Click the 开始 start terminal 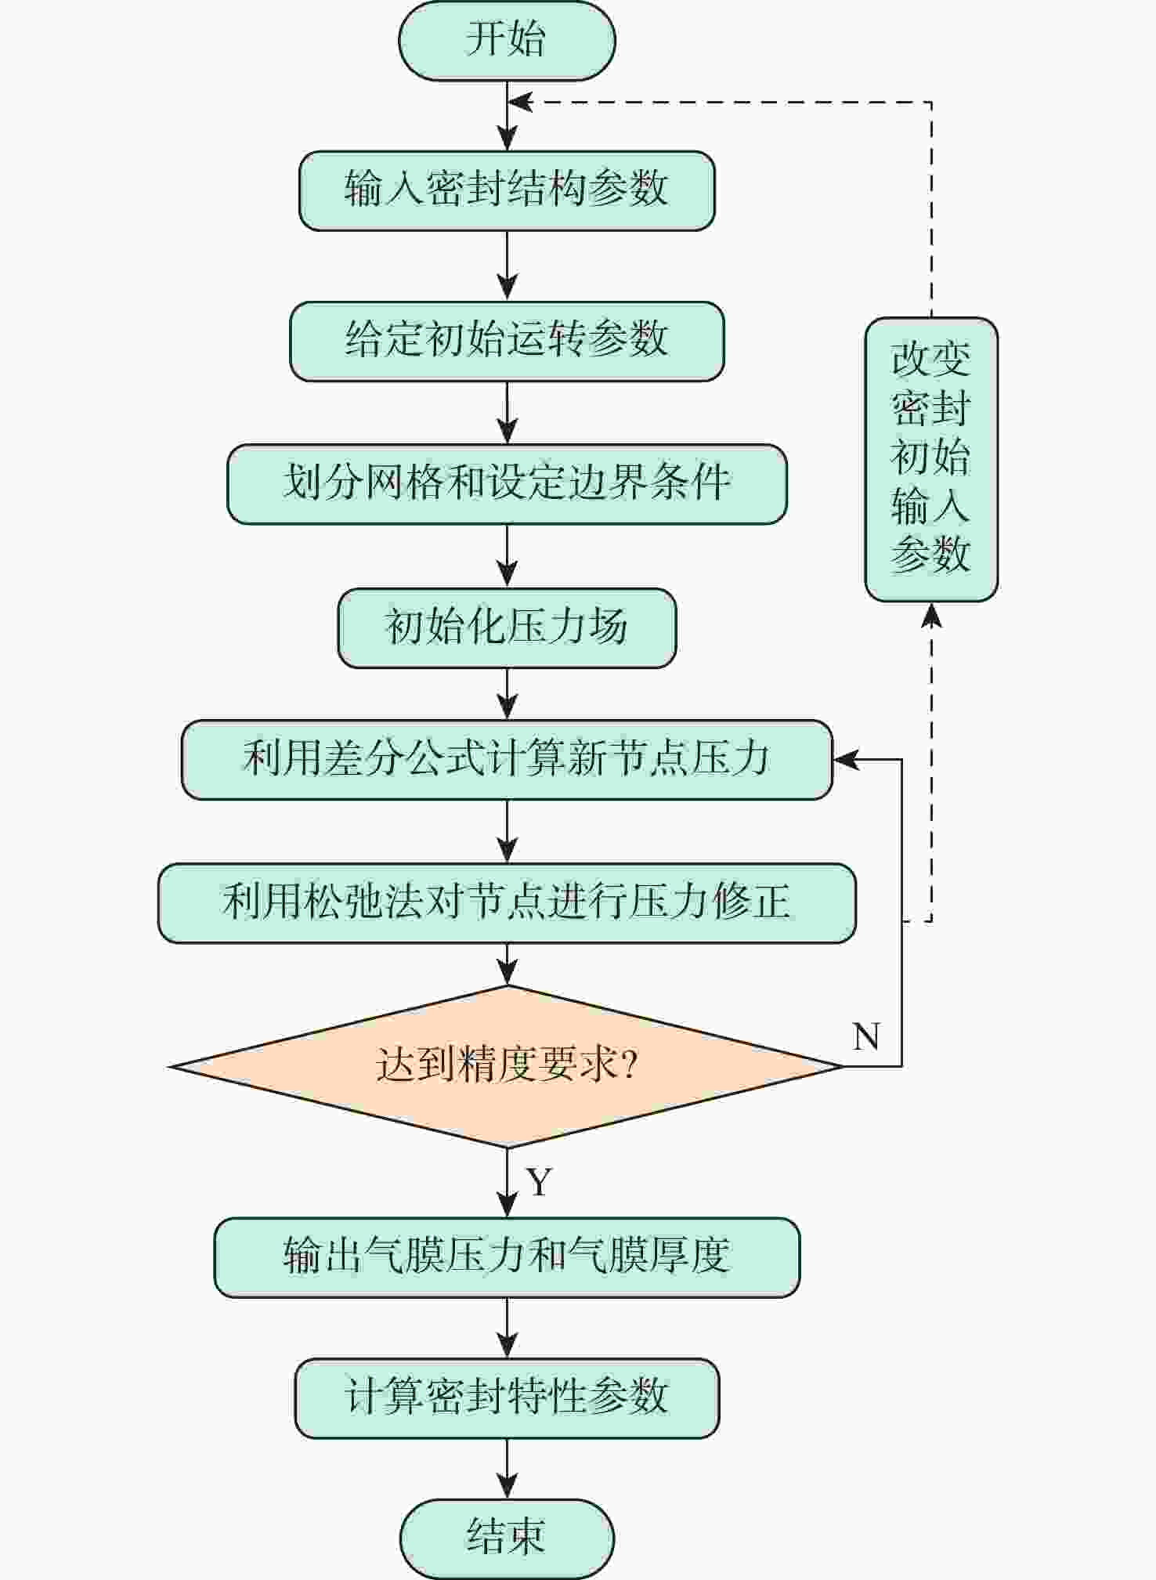point(507,41)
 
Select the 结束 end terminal point(507,1538)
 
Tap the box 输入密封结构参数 point(507,190)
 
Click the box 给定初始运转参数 point(507,341)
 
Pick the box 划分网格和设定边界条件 point(507,483)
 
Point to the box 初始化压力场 point(507,627)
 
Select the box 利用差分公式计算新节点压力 point(507,759)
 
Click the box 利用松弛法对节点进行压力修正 point(507,902)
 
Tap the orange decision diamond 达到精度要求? point(507,1065)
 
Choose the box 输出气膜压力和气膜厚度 point(507,1257)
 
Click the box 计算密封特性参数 point(507,1398)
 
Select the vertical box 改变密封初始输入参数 point(931,459)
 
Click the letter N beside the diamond point(866,1036)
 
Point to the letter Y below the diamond point(540,1182)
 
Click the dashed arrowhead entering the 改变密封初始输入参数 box point(931,616)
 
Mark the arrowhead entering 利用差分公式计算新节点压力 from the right point(846,759)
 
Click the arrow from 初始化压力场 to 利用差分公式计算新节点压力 point(508,694)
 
